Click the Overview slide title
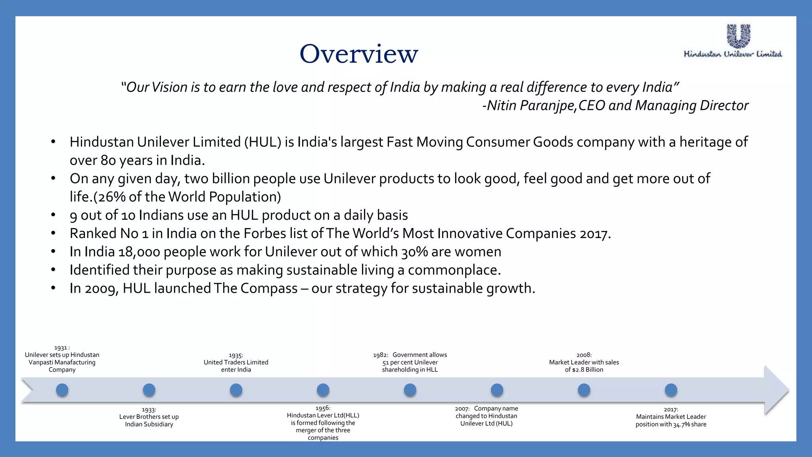pyautogui.click(x=358, y=54)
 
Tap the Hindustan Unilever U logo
pyautogui.click(x=738, y=36)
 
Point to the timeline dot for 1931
pyautogui.click(x=62, y=390)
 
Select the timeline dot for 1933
pyautogui.click(x=149, y=390)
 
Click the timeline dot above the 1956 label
pyautogui.click(x=323, y=390)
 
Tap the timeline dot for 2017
pyautogui.click(x=671, y=390)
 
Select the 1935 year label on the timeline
pyautogui.click(x=236, y=355)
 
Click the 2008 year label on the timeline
pyautogui.click(x=584, y=355)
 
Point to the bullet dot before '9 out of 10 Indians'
pyautogui.click(x=53, y=215)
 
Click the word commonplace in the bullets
pyautogui.click(x=454, y=270)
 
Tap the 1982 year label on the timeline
pyautogui.click(x=380, y=355)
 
